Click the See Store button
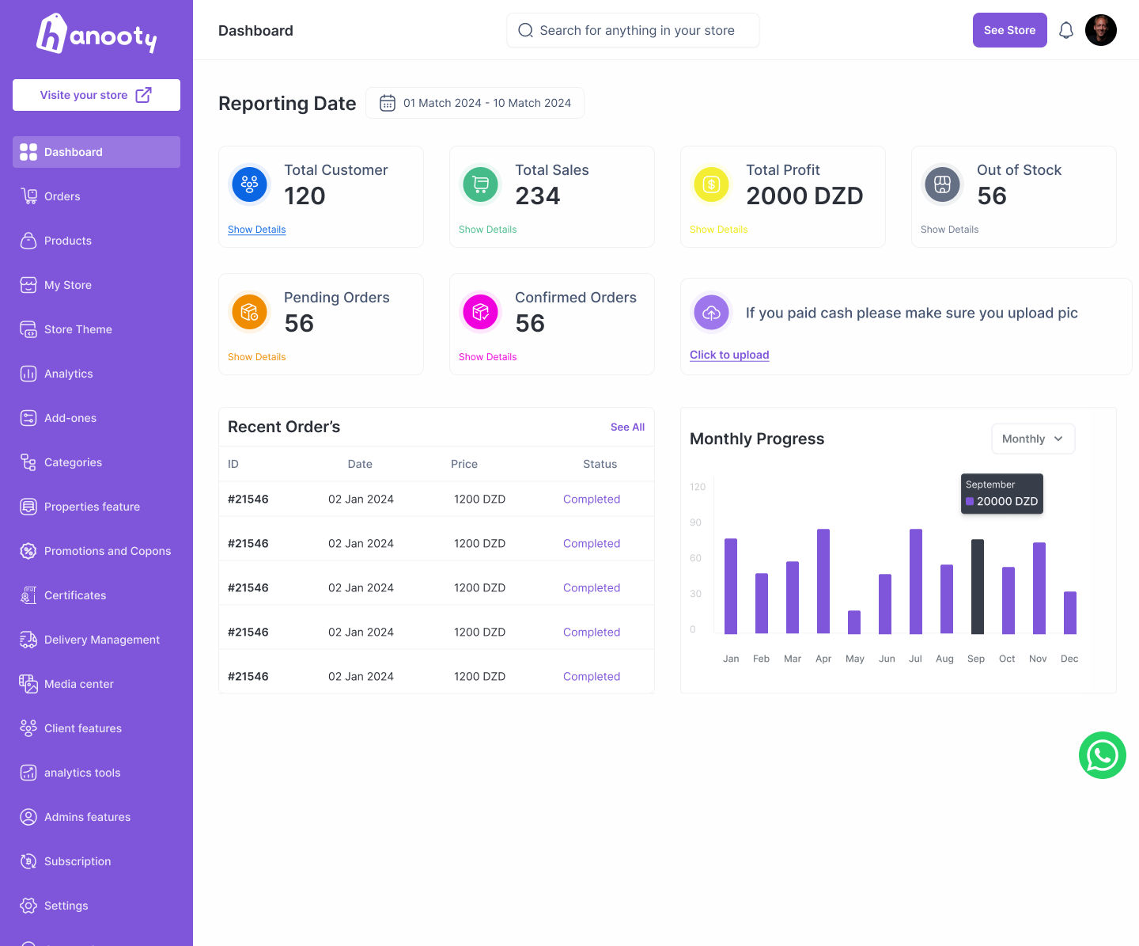point(1009,30)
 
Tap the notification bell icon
point(1066,30)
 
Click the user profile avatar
point(1100,30)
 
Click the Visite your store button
point(96,95)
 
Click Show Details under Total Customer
point(256,230)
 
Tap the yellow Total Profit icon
point(711,184)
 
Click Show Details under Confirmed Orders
point(487,356)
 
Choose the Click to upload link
point(728,355)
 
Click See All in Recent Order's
point(627,427)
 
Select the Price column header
point(464,464)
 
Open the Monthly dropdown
point(1033,439)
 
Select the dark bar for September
point(977,587)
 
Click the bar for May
point(853,622)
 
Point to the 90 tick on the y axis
point(695,522)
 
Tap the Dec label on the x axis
point(1069,659)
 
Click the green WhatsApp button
point(1102,755)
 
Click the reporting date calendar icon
point(388,103)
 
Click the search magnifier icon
point(525,30)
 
